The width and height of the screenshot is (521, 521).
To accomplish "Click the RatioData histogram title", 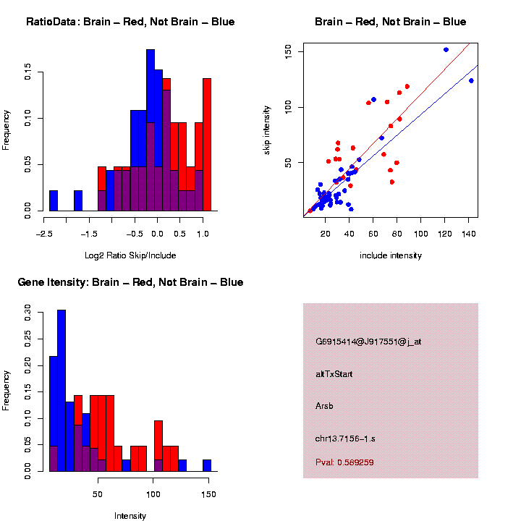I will (x=130, y=22).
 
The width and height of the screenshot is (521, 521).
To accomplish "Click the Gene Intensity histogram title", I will (x=130, y=282).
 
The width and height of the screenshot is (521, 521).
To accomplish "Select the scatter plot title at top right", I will (x=391, y=22).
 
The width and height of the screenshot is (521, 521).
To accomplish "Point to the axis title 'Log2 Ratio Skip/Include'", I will (x=130, y=255).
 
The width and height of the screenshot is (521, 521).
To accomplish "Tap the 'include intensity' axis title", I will (x=391, y=255).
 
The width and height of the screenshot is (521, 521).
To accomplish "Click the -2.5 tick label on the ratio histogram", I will (x=44, y=234).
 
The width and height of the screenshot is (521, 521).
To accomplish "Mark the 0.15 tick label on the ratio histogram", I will (x=27, y=72).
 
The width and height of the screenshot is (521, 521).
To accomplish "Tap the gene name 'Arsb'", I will (x=324, y=406).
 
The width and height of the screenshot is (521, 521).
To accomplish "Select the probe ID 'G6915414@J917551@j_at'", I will (x=368, y=342).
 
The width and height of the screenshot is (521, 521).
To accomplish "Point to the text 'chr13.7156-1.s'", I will (x=345, y=438).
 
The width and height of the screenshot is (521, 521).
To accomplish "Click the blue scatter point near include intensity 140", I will (x=471, y=80).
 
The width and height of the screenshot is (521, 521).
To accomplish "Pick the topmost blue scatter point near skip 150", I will (x=446, y=49).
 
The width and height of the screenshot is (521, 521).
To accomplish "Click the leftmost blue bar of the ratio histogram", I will (x=54, y=200).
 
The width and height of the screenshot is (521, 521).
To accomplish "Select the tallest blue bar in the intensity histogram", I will (x=62, y=391).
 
